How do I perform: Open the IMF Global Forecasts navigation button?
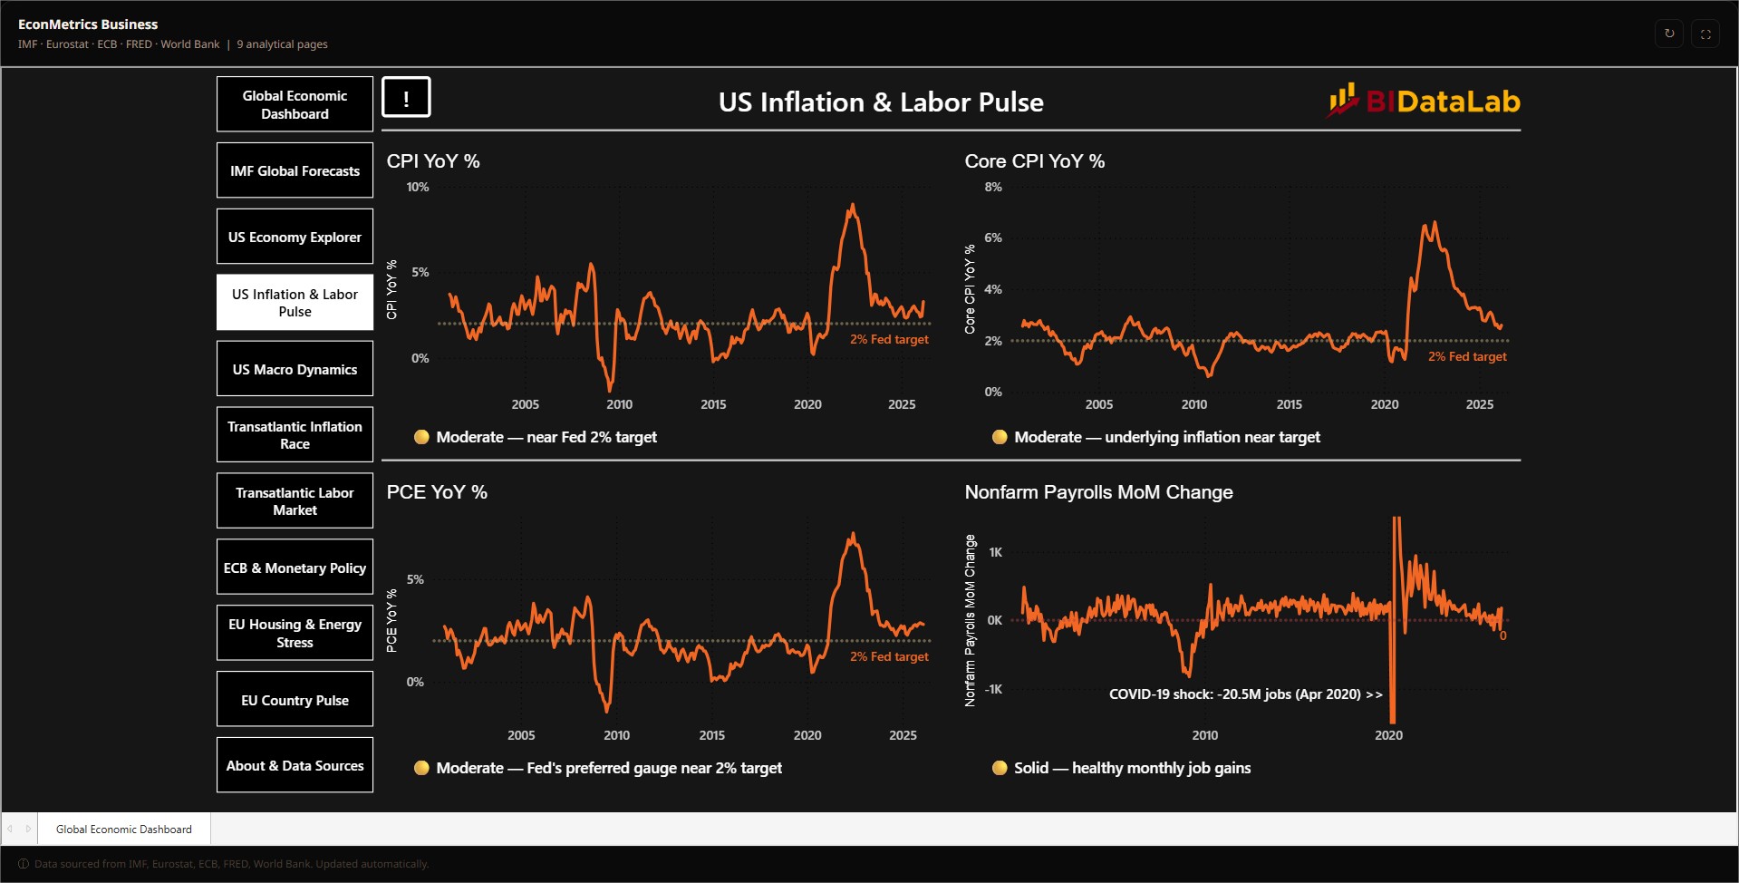pos(295,170)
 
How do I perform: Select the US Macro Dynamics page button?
pos(295,369)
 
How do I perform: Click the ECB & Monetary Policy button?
pos(295,568)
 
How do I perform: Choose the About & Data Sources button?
pos(295,765)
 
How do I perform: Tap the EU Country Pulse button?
pos(295,700)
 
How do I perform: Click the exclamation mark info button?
pos(406,98)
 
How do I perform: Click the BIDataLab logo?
pos(1424,101)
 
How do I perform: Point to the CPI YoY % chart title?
pos(433,161)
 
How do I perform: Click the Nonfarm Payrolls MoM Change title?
pos(1098,492)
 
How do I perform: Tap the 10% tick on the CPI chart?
pos(418,187)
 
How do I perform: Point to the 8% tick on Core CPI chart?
pos(993,187)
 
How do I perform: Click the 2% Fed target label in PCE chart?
pos(889,656)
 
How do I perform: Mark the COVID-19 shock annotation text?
pos(1246,694)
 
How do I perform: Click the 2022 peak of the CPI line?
pos(852,205)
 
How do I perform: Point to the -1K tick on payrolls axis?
pos(993,689)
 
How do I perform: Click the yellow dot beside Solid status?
pos(1000,768)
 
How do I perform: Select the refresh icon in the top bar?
pos(1669,34)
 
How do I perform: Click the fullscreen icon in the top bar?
pos(1705,34)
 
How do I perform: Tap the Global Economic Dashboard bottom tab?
pos(124,829)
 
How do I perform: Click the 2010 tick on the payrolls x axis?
pos(1204,735)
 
